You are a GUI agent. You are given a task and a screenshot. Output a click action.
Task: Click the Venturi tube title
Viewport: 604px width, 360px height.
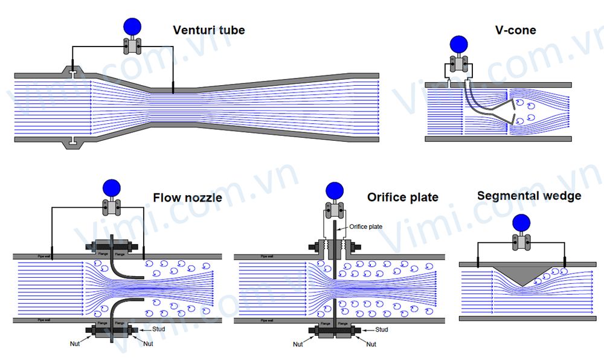[209, 30]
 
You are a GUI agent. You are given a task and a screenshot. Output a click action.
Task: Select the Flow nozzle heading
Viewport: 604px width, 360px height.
[187, 198]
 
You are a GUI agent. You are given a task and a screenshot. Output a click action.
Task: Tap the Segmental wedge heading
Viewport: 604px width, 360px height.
[529, 196]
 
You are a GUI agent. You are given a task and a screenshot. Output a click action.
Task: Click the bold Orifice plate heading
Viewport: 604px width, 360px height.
[403, 198]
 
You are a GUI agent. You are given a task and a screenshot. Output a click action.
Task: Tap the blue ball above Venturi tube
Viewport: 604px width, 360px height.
[132, 26]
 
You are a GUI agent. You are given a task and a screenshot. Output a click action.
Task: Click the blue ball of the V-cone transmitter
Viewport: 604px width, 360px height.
[459, 43]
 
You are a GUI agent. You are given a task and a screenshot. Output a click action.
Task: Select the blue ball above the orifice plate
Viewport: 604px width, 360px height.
[334, 191]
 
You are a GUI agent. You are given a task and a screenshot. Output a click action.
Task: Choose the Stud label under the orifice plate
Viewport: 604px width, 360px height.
[382, 330]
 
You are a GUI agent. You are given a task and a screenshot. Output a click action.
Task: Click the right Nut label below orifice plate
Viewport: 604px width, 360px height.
[371, 344]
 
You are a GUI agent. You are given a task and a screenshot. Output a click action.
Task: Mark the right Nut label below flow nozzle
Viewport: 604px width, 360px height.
[150, 344]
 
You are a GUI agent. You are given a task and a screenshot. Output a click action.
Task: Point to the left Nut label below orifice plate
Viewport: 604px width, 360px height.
[298, 344]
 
